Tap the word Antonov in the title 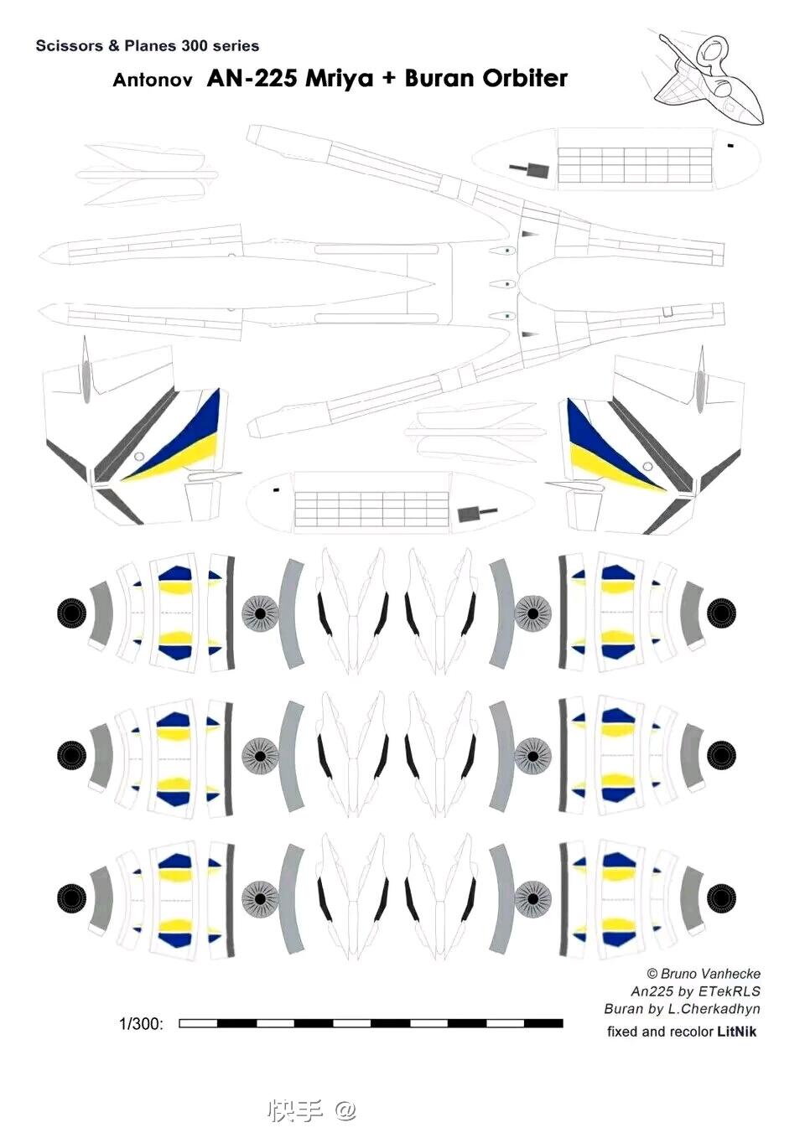(153, 80)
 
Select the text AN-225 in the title (252, 78)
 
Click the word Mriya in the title (339, 80)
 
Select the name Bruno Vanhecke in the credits (710, 974)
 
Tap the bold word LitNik (736, 1032)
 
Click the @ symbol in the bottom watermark (345, 1110)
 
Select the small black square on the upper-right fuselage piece (730, 146)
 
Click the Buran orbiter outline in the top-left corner (148, 175)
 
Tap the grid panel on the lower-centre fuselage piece (372, 509)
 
